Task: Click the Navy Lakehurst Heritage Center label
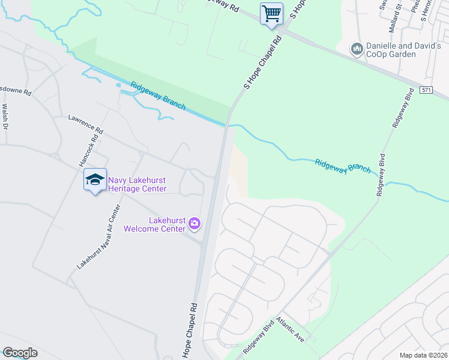137,184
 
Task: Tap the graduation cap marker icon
95,179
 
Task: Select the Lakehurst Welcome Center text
154,224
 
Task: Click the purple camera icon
194,224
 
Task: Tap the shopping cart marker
271,13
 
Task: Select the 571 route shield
426,89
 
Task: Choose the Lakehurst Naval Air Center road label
99,237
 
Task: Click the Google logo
20,353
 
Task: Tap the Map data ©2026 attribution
423,355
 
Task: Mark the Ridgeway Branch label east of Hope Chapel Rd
342,166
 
